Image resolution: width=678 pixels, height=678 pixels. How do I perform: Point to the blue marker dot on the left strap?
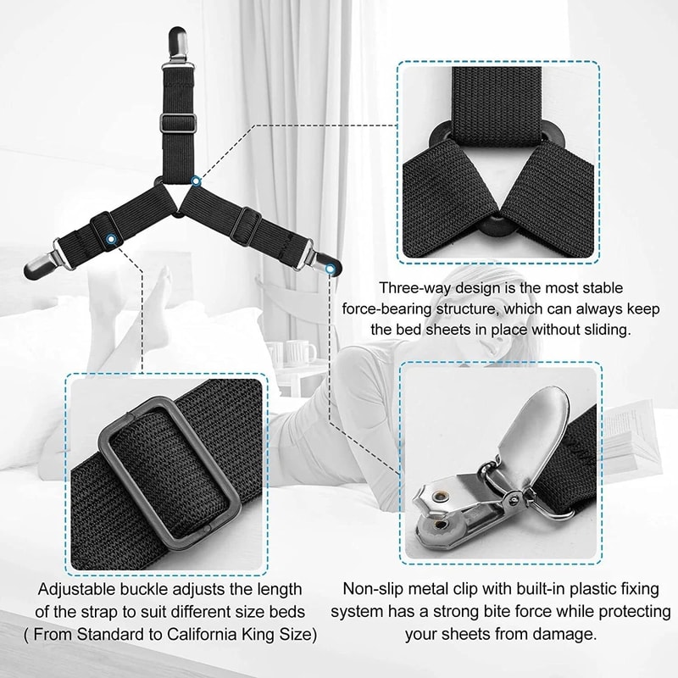tap(111, 239)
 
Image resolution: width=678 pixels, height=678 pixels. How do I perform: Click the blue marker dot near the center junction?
tap(197, 181)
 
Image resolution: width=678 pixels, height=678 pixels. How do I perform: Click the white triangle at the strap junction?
tap(176, 195)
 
